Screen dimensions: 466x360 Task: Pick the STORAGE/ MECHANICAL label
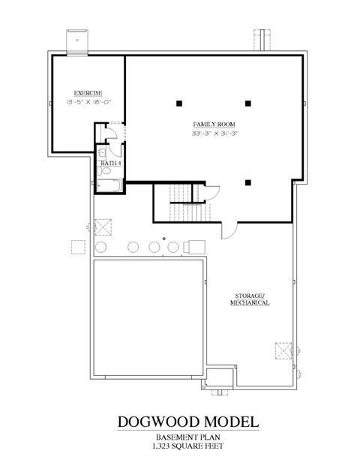(250, 300)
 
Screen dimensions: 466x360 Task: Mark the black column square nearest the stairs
(247, 182)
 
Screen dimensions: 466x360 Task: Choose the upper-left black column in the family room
(179, 102)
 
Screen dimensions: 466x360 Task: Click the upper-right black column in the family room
(247, 102)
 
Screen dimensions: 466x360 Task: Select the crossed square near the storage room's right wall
(283, 350)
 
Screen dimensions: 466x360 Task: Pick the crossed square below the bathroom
(102, 226)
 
